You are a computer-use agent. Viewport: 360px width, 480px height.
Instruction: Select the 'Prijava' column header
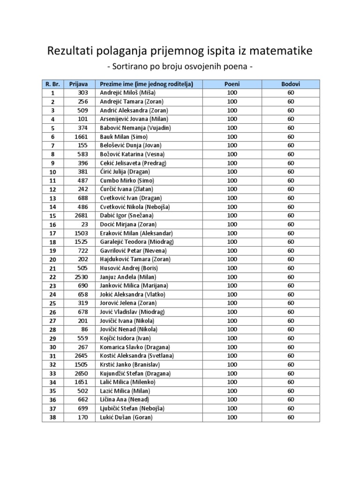[x=78, y=84]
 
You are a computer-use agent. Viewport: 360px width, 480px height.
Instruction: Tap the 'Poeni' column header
[x=232, y=84]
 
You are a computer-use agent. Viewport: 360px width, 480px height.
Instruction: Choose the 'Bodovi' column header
[x=291, y=84]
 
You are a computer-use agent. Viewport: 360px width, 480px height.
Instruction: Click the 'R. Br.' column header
[x=52, y=84]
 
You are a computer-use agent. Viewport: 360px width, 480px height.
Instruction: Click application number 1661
[x=81, y=136]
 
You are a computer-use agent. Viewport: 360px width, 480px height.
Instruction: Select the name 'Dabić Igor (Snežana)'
[x=127, y=216]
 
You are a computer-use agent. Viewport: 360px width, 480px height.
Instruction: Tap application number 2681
[x=81, y=216]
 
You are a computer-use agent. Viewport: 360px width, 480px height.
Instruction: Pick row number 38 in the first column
[x=52, y=418]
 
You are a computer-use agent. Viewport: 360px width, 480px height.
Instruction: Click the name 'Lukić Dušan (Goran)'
[x=126, y=417]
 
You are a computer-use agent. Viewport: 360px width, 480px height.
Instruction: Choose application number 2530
[x=81, y=277]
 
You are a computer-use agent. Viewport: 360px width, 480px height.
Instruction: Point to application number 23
[x=84, y=224]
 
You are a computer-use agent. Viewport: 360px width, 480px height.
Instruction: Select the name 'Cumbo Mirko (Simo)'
[x=127, y=180]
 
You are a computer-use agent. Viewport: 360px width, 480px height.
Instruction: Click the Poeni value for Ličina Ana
[x=232, y=400]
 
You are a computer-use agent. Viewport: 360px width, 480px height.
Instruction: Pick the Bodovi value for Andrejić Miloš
[x=291, y=93]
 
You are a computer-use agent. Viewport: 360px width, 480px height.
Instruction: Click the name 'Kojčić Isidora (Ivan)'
[x=124, y=338]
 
